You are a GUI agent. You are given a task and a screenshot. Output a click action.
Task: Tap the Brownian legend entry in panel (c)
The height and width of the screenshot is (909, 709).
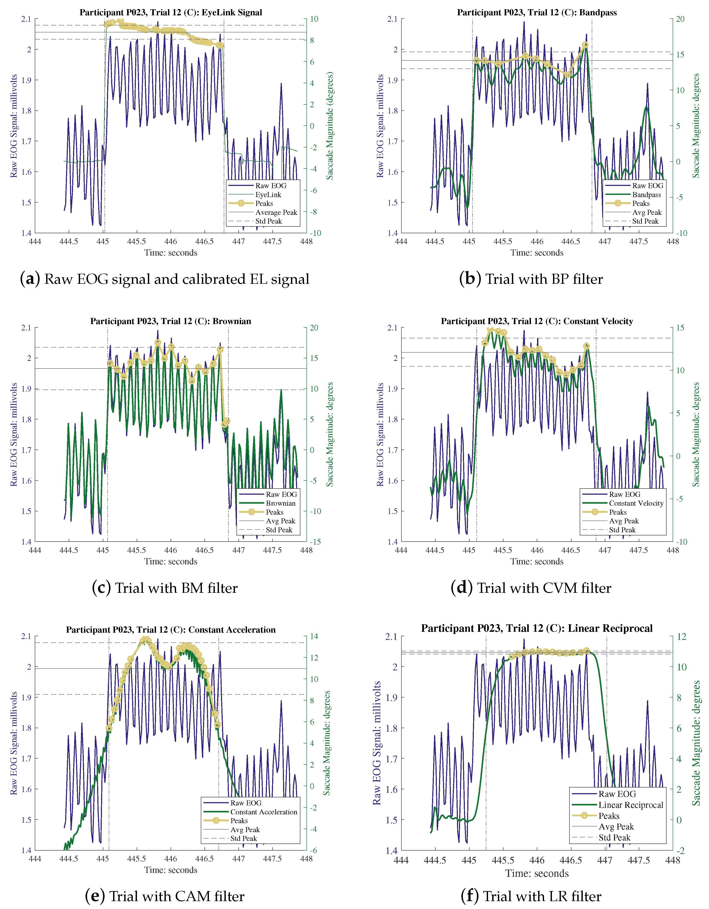280,503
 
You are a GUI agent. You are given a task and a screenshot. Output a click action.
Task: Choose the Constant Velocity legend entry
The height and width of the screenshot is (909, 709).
636,503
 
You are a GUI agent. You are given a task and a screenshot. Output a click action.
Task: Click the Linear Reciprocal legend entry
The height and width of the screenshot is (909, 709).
630,805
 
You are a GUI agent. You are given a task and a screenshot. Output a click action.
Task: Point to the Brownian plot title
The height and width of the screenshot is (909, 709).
170,321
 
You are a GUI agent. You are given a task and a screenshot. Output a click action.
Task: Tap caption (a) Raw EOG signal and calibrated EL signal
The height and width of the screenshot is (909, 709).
165,279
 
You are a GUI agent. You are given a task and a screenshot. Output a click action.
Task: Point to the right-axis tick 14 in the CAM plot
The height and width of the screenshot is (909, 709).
314,636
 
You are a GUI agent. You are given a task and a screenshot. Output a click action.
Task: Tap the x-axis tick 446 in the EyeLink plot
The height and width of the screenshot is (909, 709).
170,241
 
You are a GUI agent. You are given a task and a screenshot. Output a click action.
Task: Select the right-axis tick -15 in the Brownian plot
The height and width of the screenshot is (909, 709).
315,542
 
